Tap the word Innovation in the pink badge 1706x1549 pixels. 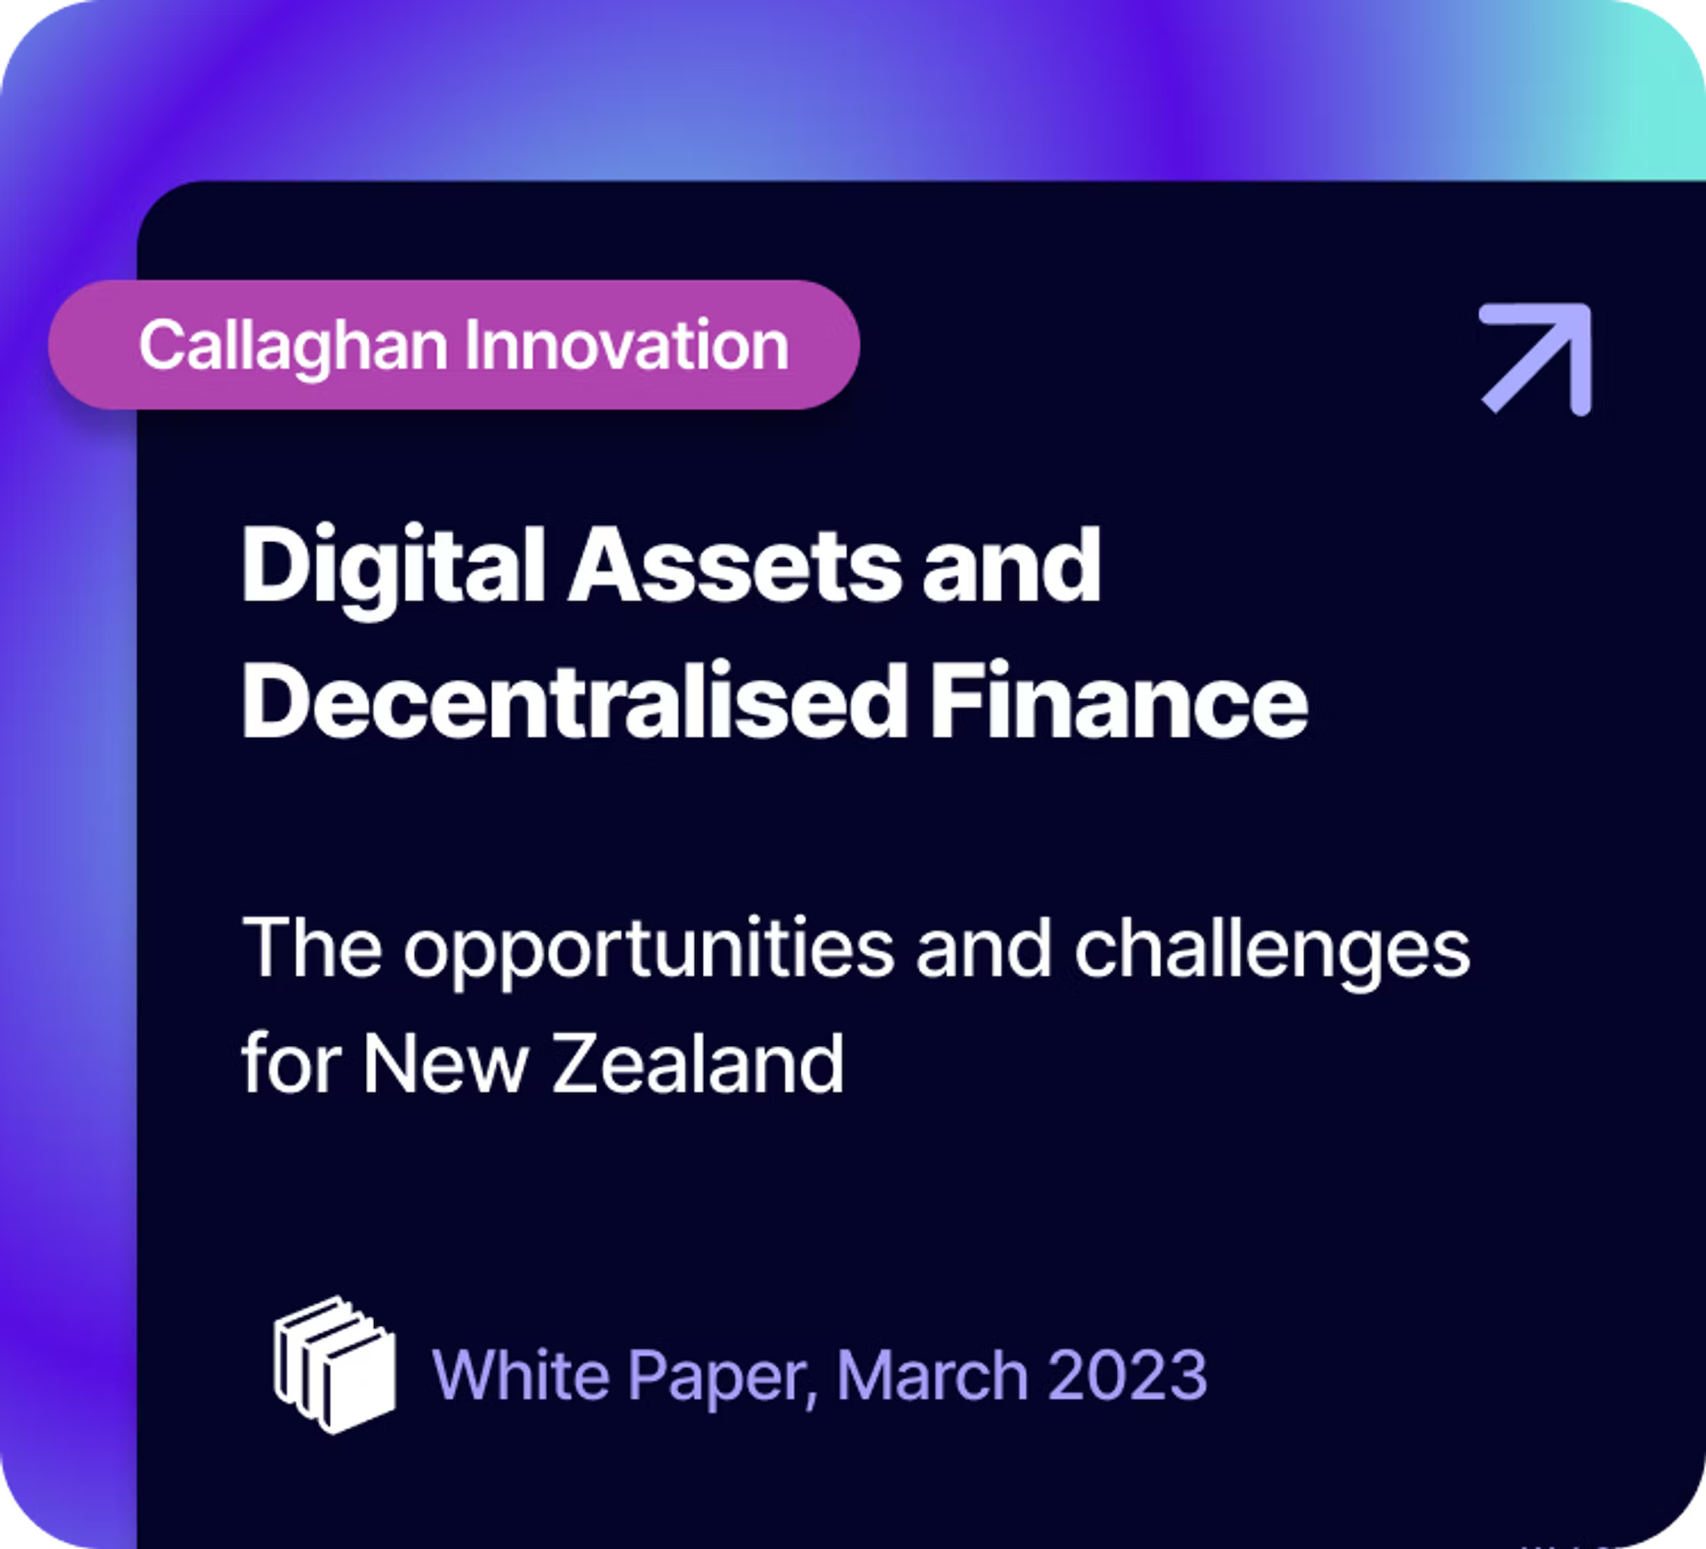pyautogui.click(x=627, y=345)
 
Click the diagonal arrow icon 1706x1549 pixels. pyautogui.click(x=1535, y=359)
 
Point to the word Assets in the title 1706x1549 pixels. pyautogui.click(x=734, y=566)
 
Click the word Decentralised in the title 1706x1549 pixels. pyautogui.click(x=574, y=701)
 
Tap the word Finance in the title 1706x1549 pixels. pyautogui.click(x=1119, y=701)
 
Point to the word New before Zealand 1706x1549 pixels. pyautogui.click(x=445, y=1065)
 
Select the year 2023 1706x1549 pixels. pyautogui.click(x=1128, y=1375)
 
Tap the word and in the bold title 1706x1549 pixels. pyautogui.click(x=1012, y=566)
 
